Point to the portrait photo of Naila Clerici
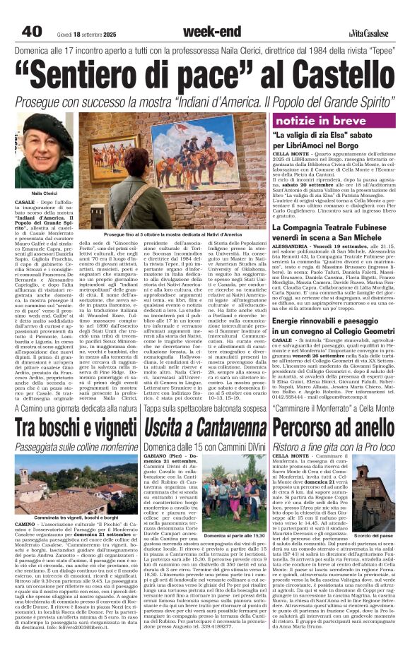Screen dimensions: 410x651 coord(44,152)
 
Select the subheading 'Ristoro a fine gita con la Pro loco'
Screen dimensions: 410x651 coord(335,448)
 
